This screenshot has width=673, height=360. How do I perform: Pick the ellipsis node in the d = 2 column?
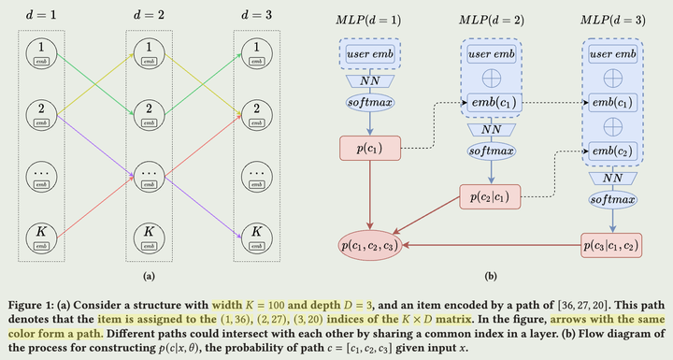(147, 174)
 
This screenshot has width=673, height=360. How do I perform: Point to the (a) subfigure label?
(148, 278)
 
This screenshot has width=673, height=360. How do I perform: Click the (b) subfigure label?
(492, 278)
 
